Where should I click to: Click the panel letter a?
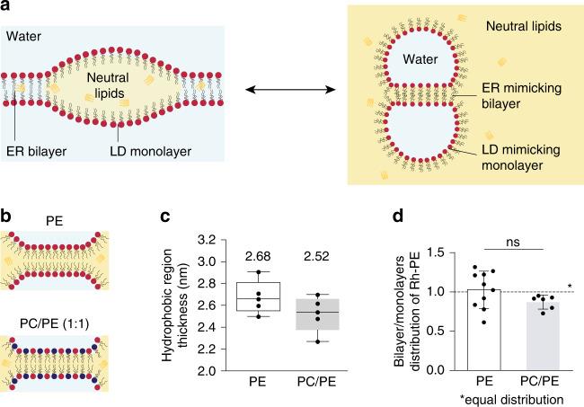7,7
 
